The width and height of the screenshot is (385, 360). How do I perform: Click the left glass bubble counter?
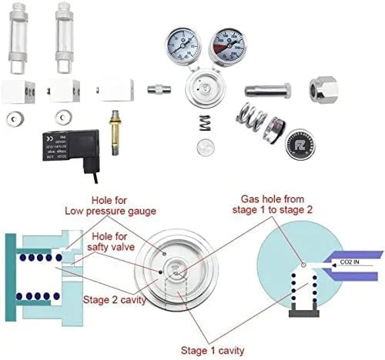18,38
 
